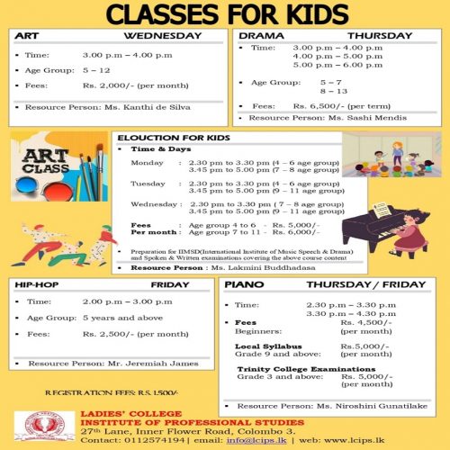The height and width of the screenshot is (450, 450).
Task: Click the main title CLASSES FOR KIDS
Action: [x=224, y=14]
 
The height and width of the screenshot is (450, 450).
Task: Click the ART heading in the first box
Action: [x=26, y=36]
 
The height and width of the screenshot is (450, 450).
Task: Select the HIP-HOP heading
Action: [x=36, y=283]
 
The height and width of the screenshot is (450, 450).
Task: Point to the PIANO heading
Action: [x=245, y=283]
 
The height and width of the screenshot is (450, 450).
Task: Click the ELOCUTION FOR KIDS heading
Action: [x=174, y=138]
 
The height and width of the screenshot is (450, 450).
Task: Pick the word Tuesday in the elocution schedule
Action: [x=148, y=183]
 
